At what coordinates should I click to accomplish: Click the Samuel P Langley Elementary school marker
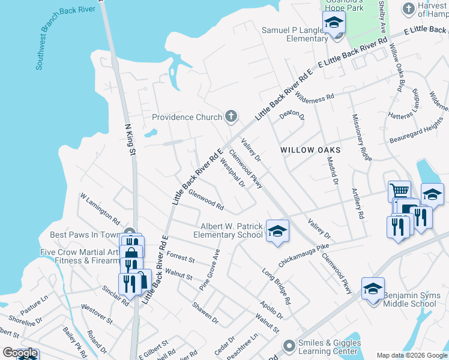(x=334, y=24)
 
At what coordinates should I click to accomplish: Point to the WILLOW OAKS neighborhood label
(x=310, y=150)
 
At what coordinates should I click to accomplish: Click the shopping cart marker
(x=399, y=191)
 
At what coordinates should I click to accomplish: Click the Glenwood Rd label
(x=206, y=200)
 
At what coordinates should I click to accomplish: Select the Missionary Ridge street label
(x=362, y=137)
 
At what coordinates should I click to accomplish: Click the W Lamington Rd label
(x=100, y=205)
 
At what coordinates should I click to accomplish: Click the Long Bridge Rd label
(x=276, y=285)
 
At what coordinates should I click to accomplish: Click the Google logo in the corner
(x=20, y=353)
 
